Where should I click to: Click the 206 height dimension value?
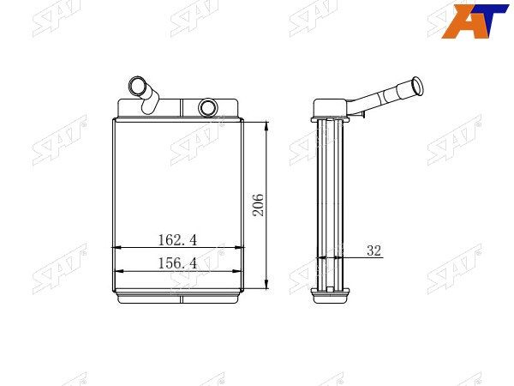(258, 205)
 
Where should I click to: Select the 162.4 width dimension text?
(177, 240)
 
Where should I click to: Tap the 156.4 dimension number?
(177, 263)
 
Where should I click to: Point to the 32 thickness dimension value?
(374, 250)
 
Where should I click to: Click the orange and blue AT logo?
(475, 21)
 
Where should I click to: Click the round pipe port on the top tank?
(208, 107)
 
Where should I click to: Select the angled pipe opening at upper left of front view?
(135, 85)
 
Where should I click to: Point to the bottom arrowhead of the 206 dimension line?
(266, 284)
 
